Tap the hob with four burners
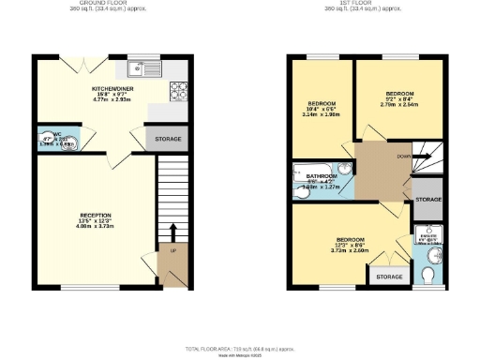pos(178,90)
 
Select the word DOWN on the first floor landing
pos(403,157)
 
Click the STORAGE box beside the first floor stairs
pos(428,201)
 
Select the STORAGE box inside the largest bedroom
pos(388,277)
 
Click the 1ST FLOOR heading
pos(369,3)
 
